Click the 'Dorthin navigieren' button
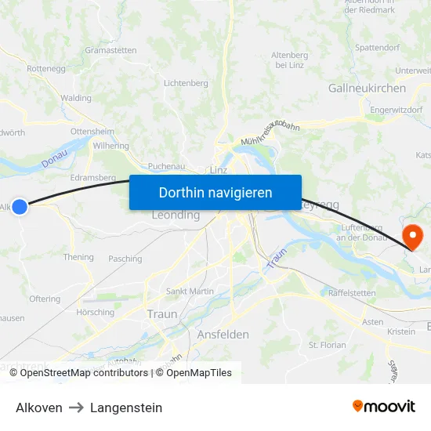[x=215, y=192]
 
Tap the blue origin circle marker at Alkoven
[x=20, y=207]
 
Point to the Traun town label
[x=162, y=313]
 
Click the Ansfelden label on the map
[x=223, y=334]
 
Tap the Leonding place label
[x=176, y=215]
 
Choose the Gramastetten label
[x=110, y=50]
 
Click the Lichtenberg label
[x=186, y=83]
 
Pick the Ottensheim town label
[x=92, y=131]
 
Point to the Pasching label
[x=125, y=259]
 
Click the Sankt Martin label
[x=190, y=292]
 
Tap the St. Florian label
[x=328, y=345]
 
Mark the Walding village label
[x=76, y=98]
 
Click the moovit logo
[x=384, y=407]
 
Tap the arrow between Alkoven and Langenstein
[x=76, y=407]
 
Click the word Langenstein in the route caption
[x=126, y=407]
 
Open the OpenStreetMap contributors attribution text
[x=83, y=373]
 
